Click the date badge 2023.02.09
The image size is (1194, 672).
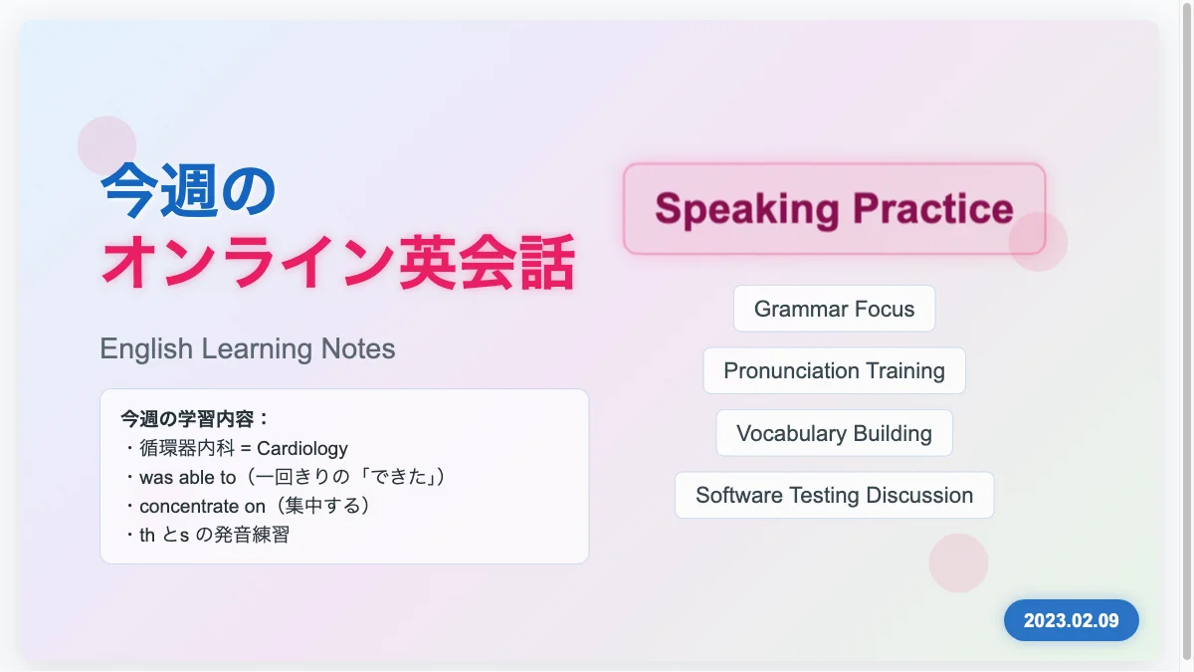point(1072,620)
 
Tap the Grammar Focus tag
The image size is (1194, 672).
point(834,309)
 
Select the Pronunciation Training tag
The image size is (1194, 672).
point(834,370)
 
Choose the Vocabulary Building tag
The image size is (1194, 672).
point(834,433)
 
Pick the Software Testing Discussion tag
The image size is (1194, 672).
point(834,495)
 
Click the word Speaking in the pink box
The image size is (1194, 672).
point(747,209)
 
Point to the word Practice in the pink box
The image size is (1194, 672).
point(933,208)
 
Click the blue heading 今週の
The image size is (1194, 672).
point(188,190)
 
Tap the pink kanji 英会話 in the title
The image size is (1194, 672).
point(488,263)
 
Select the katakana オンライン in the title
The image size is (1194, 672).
point(249,263)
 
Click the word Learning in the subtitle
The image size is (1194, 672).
point(258,349)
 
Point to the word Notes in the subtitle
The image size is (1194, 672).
point(358,348)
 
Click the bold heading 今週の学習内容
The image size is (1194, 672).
point(187,419)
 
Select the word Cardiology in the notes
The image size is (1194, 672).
point(302,449)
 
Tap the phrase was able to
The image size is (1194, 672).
point(188,477)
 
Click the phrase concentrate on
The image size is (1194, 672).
point(202,506)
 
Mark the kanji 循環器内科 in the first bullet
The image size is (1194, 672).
point(187,448)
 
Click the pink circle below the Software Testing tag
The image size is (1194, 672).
point(958,562)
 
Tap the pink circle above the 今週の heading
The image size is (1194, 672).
point(106,145)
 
